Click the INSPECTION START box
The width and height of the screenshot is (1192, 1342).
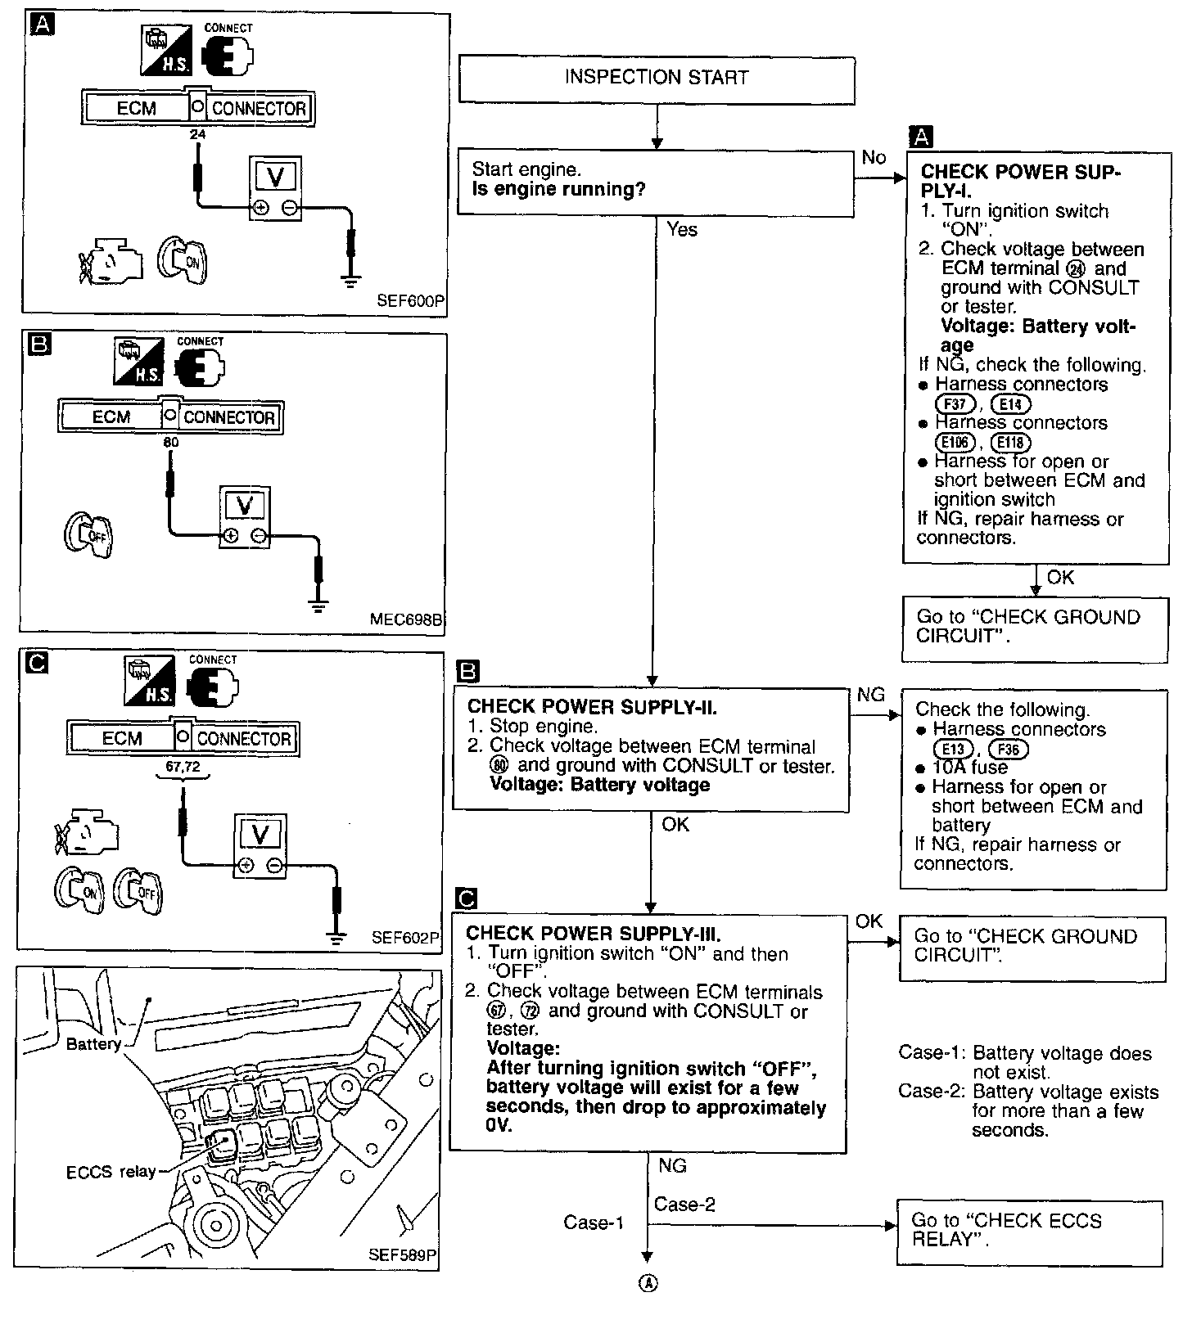click(x=657, y=79)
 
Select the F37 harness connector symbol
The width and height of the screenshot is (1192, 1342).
click(x=955, y=404)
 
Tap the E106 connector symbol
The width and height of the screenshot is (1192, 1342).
click(x=955, y=443)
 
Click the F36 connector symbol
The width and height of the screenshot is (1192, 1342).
click(x=1008, y=749)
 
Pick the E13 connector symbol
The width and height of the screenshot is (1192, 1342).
click(x=952, y=749)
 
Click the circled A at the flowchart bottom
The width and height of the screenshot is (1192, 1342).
click(x=647, y=1282)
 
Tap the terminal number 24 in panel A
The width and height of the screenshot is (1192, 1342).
click(x=197, y=134)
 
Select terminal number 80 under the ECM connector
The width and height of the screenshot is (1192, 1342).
click(x=171, y=443)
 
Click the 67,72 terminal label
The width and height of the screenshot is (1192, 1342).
click(x=183, y=767)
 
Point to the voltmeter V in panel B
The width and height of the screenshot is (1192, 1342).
click(x=244, y=506)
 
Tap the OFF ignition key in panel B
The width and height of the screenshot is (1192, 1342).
click(x=88, y=536)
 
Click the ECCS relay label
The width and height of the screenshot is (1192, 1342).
click(x=111, y=1172)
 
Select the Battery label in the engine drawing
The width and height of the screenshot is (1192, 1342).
click(x=93, y=1044)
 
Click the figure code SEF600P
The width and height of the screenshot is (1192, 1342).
click(x=409, y=300)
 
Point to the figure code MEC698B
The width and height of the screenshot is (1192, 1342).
click(x=406, y=619)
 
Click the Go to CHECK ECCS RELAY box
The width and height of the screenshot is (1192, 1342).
click(x=1029, y=1232)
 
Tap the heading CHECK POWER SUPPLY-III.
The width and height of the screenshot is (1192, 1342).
click(x=594, y=933)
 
